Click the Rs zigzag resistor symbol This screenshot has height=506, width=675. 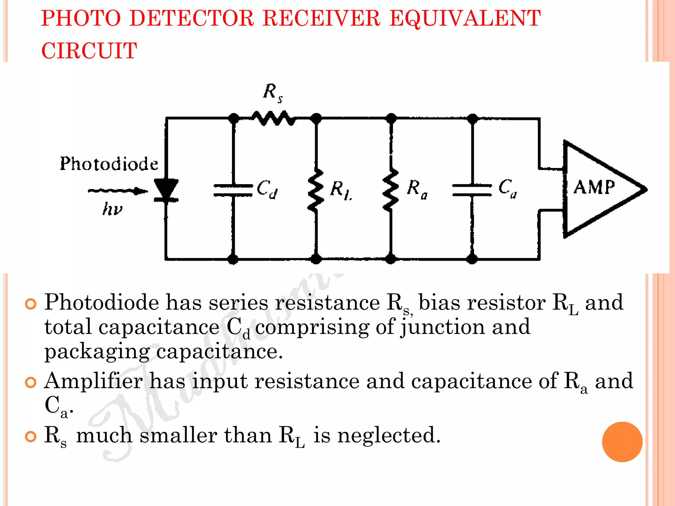(x=273, y=118)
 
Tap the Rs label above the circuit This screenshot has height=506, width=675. (x=273, y=93)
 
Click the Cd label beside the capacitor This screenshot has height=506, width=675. (x=267, y=189)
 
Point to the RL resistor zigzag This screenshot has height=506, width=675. (x=316, y=190)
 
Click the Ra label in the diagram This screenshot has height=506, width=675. (x=417, y=189)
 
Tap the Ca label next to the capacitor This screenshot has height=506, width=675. (x=508, y=188)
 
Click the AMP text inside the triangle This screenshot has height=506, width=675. (x=594, y=187)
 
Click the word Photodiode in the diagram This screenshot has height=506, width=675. (x=109, y=164)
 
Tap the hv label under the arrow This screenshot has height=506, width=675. (x=112, y=209)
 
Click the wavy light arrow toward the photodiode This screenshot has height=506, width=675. (x=117, y=191)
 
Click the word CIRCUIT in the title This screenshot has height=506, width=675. (x=89, y=51)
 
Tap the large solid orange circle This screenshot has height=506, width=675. (x=622, y=442)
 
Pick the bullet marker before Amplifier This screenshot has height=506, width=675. (x=31, y=382)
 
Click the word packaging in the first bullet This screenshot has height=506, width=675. (x=97, y=351)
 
